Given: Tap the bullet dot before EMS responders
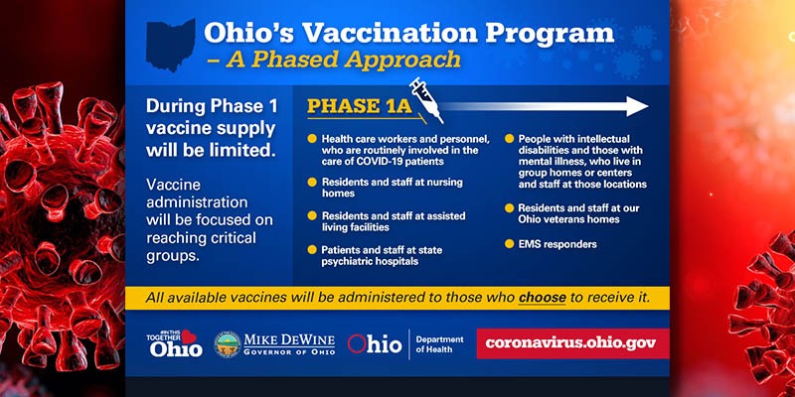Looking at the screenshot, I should pyautogui.click(x=511, y=244).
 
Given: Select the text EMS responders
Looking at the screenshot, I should pyautogui.click(x=558, y=244).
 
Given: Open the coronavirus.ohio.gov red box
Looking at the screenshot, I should pyautogui.click(x=570, y=343).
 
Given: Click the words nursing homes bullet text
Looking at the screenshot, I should pyautogui.click(x=368, y=189).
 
